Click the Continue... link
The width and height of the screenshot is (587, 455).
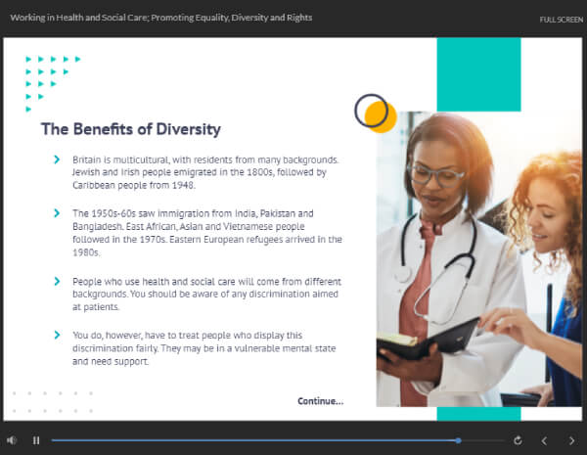tap(321, 401)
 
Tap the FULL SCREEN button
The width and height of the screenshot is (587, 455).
tap(562, 20)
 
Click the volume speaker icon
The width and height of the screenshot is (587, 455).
tap(12, 440)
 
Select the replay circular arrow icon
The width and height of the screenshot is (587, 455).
tap(518, 440)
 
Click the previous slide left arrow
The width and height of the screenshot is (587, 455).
tap(544, 440)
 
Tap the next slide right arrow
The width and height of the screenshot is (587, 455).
tap(571, 440)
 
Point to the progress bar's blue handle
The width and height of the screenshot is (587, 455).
tap(458, 440)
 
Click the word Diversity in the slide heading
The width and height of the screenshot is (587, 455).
tap(188, 129)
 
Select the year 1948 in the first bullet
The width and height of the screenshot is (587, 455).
tap(183, 185)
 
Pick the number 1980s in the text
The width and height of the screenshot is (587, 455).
tap(86, 252)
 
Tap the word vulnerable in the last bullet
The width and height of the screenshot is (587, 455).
tap(256, 348)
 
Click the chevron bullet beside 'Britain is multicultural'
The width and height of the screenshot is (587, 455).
tap(57, 159)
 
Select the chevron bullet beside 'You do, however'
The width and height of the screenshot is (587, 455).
tap(57, 335)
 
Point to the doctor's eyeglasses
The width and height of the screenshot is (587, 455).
tap(436, 175)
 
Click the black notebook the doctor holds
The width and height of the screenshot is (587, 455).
tap(428, 341)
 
